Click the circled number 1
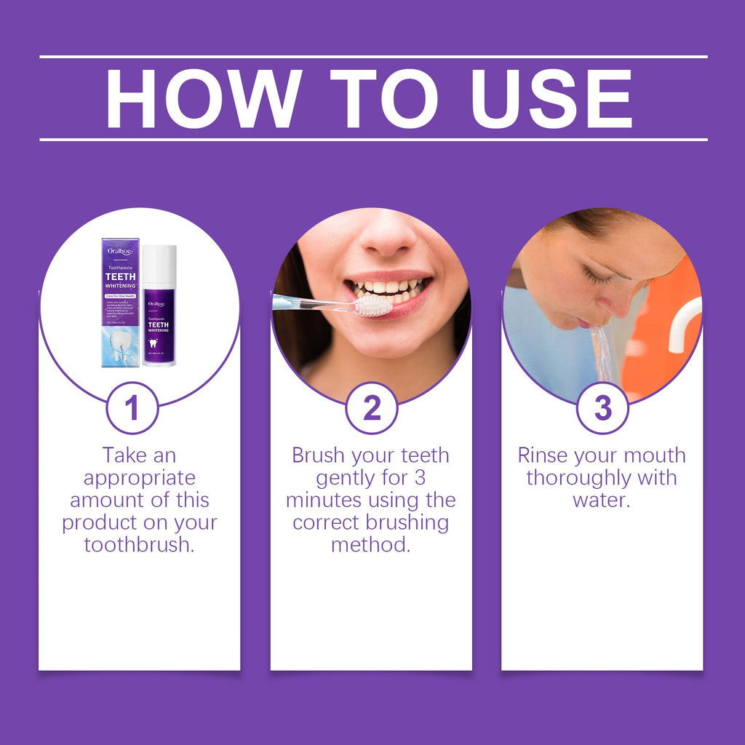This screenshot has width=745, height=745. coord(132,408)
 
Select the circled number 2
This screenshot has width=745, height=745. coord(371,408)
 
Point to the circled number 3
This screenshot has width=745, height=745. coord(602,408)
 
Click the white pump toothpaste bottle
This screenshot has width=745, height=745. coord(159,306)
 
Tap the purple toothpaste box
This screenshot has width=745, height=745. coord(120,302)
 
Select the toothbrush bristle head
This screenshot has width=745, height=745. coord(372,305)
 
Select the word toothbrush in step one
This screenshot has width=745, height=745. coord(139,545)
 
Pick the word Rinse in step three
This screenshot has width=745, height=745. coord(543,456)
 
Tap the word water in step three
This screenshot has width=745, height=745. coord(600,501)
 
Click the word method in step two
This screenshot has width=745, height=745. coord(370,545)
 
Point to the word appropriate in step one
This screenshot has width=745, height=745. coord(139,478)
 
